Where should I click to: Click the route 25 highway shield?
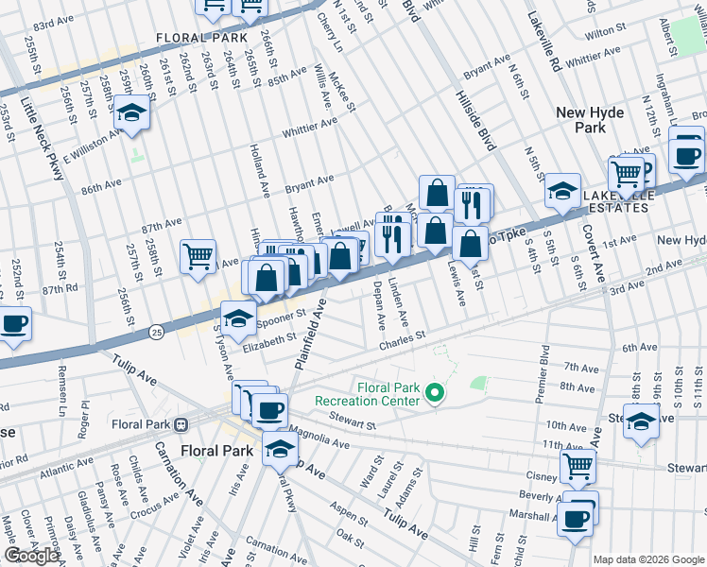(157, 332)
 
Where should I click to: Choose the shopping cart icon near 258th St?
(198, 255)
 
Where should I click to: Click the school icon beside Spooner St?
(239, 318)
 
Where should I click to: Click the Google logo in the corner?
(32, 556)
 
